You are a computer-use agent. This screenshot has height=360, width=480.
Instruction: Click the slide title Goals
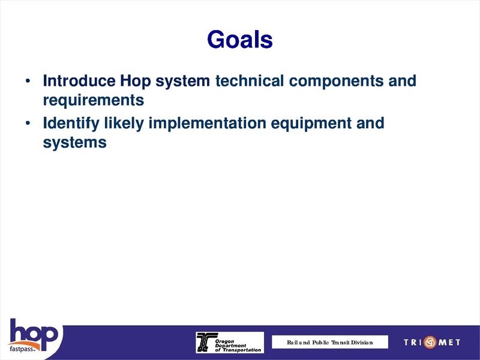pyautogui.click(x=239, y=40)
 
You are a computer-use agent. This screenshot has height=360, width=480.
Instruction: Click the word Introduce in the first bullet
pyautogui.click(x=78, y=80)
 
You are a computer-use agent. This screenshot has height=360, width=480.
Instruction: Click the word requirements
pyautogui.click(x=93, y=98)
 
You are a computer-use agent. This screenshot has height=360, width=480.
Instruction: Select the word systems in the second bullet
pyautogui.click(x=74, y=143)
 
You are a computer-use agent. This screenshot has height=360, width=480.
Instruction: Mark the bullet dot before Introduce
pyautogui.click(x=28, y=81)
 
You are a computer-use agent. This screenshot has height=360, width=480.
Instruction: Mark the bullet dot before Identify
pyautogui.click(x=28, y=124)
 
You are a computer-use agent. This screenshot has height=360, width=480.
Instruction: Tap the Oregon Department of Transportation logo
pyautogui.click(x=229, y=342)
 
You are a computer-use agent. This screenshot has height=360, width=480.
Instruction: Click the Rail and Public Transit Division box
pyautogui.click(x=329, y=342)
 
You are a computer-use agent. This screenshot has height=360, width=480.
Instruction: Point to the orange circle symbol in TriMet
pyautogui.click(x=431, y=343)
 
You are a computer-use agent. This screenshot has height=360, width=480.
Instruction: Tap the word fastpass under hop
pyautogui.click(x=23, y=349)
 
